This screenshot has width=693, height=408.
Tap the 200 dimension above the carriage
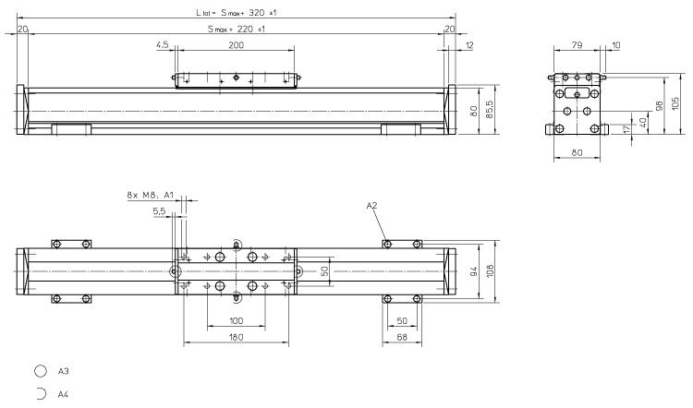pos(237,45)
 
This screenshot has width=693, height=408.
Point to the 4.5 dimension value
pos(163,45)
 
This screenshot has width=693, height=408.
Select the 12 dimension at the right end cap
pos(470,45)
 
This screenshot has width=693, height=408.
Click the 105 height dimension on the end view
pos(676,102)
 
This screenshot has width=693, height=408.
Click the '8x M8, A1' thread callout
pos(149,196)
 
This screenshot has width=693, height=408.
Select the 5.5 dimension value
pos(160,211)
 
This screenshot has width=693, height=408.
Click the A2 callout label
pos(372,206)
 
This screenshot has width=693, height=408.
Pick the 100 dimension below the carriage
pos(237,321)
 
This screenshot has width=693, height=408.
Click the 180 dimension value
pos(237,339)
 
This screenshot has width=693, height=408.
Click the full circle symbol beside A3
pos(41,372)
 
